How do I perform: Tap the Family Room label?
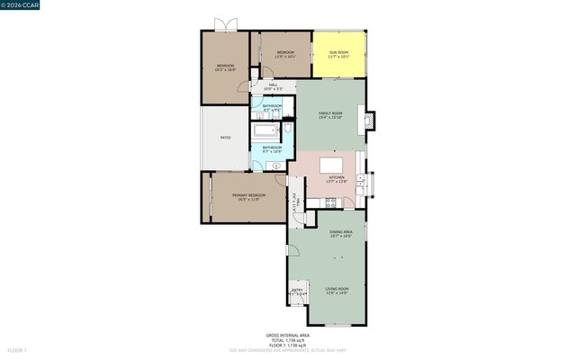click(x=330, y=115)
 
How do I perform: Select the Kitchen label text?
click(x=336, y=179)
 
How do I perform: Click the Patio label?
click(x=225, y=138)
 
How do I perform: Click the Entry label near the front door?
click(x=296, y=292)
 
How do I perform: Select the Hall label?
click(x=273, y=87)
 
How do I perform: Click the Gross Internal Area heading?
click(x=287, y=334)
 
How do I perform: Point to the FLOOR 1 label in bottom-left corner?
click(x=18, y=349)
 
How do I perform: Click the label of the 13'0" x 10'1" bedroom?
click(x=285, y=54)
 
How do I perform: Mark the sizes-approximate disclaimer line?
click(x=287, y=349)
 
